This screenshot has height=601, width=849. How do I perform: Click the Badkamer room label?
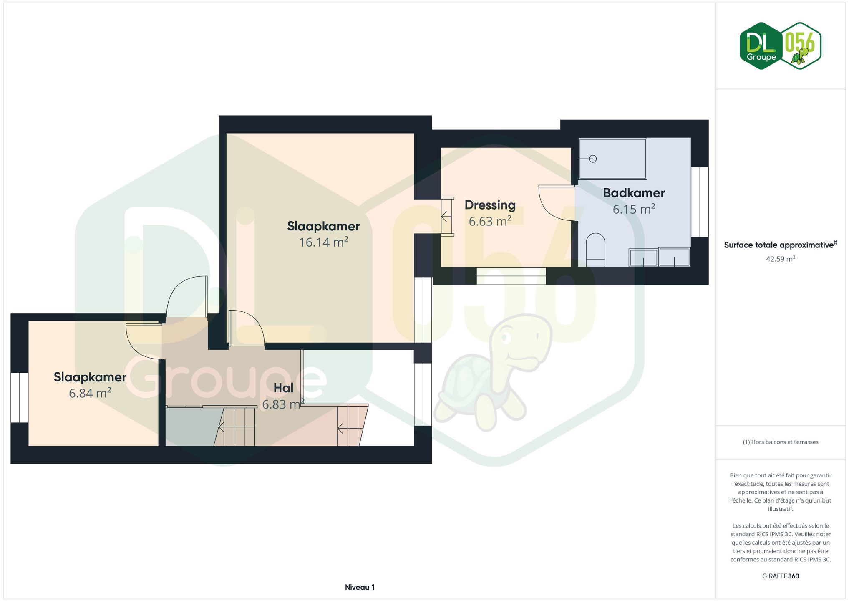[x=634, y=193]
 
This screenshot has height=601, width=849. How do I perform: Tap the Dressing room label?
[x=490, y=205]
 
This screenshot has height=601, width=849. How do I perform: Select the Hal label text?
[x=283, y=388]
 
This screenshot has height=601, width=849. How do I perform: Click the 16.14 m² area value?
[x=323, y=242]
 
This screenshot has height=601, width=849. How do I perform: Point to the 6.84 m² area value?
[x=90, y=393]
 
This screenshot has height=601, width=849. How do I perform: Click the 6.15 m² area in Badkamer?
[x=634, y=209]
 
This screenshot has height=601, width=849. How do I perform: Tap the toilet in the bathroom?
[x=595, y=250]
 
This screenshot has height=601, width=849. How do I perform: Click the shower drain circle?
[x=593, y=159]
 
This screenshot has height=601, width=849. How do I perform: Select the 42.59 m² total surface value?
[x=781, y=259]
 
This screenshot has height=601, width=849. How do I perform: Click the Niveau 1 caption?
[x=360, y=587]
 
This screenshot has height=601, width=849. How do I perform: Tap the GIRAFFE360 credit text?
[x=781, y=576]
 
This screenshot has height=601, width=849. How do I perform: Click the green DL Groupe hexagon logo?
[x=761, y=46]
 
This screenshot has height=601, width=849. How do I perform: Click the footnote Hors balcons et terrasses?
[x=781, y=442]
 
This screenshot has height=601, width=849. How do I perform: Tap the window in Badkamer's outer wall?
[x=700, y=202]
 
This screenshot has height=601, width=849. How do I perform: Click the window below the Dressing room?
[x=511, y=276]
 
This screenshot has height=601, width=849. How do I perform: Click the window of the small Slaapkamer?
[x=19, y=397]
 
